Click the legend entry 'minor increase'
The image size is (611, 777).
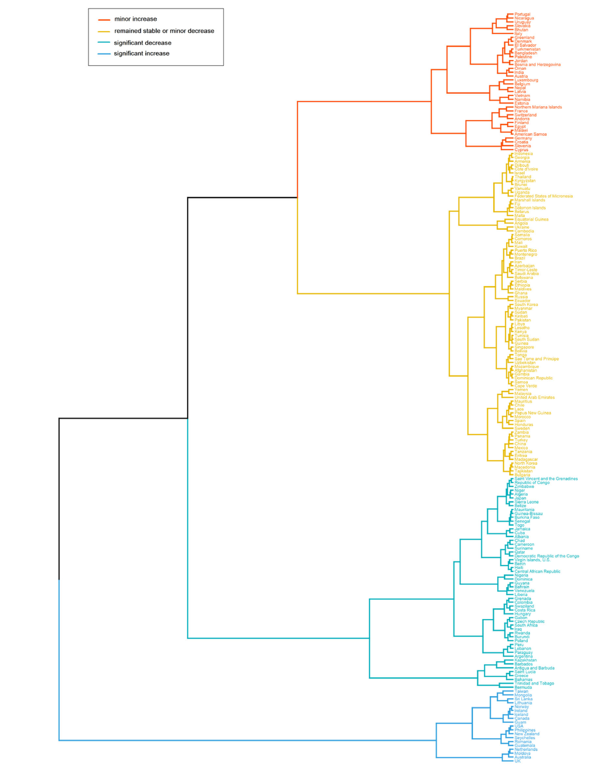(136, 19)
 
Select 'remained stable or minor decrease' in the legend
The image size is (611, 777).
(164, 31)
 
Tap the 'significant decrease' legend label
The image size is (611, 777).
(143, 43)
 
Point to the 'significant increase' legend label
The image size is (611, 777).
(142, 54)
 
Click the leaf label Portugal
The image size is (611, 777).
(522, 14)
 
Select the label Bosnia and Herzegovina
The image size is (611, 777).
(537, 65)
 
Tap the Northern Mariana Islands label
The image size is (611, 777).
(538, 107)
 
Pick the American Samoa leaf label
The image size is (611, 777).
(530, 134)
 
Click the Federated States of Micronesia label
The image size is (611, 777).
(543, 196)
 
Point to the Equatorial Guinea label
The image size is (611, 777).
(531, 219)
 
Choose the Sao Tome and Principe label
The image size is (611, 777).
(536, 359)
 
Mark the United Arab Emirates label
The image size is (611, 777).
(534, 398)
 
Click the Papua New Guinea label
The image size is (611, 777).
(533, 413)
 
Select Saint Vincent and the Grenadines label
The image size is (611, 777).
(546, 479)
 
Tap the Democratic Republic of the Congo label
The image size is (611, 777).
(546, 556)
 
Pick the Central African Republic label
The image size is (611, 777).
(537, 572)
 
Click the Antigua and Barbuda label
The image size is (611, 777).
(534, 668)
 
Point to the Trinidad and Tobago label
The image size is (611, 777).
(534, 683)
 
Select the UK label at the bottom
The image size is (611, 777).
(517, 761)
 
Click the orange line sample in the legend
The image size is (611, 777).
(104, 19)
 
